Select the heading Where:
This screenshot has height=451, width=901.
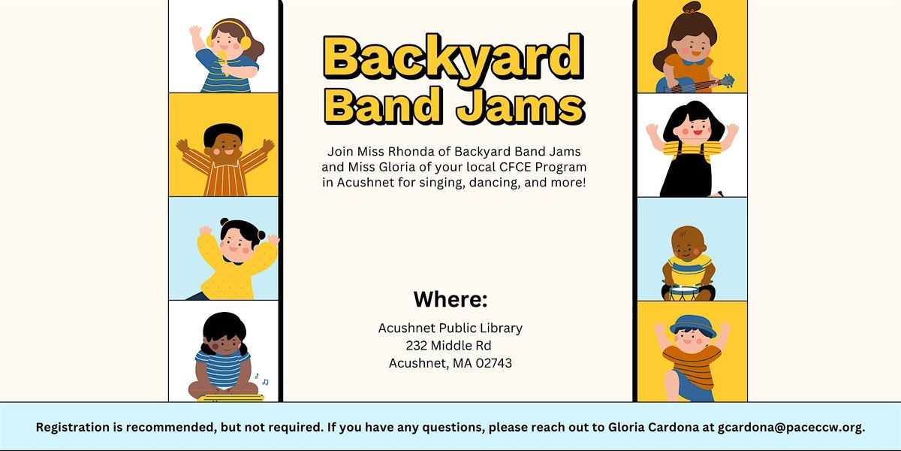point(450,300)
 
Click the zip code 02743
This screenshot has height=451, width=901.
point(492,364)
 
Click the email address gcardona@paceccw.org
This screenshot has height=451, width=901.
point(791,427)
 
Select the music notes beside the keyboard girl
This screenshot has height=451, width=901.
point(260,378)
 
